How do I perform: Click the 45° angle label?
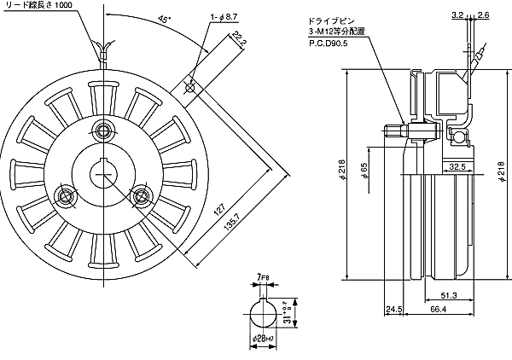pyautogui.click(x=162, y=19)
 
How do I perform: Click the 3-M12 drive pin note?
pyautogui.click(x=338, y=32)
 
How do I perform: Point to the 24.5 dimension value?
pyautogui.click(x=393, y=310)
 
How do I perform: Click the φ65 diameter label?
pyautogui.click(x=364, y=171)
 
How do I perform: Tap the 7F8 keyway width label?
pyautogui.click(x=263, y=278)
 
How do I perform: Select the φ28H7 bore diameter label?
pyautogui.click(x=263, y=339)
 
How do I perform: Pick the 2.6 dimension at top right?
pyautogui.click(x=484, y=15)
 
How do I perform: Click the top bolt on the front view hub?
pyautogui.click(x=104, y=131)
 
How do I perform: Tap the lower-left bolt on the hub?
pyautogui.click(x=64, y=195)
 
